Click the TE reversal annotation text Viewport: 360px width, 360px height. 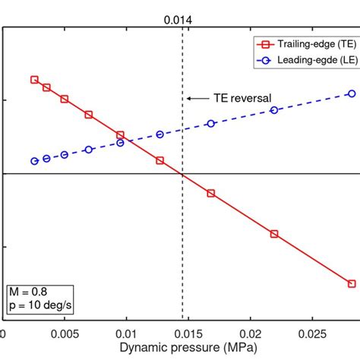pyautogui.click(x=241, y=98)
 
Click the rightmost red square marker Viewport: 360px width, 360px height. pyautogui.click(x=352, y=283)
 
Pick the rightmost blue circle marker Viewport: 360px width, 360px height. pyautogui.click(x=352, y=93)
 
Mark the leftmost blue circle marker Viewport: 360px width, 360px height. pyautogui.click(x=34, y=161)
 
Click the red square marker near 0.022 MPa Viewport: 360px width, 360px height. pyautogui.click(x=274, y=234)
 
